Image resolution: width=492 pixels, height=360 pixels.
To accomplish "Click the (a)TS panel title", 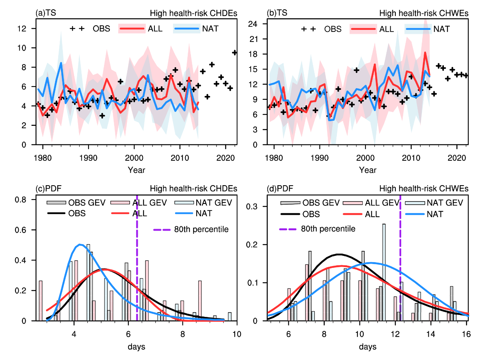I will [x=46, y=13].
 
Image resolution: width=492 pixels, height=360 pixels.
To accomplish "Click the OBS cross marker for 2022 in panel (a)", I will [x=234, y=52].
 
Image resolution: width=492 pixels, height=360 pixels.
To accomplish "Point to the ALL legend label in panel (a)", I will [x=155, y=28].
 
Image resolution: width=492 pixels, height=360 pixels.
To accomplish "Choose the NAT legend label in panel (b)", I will [x=442, y=29].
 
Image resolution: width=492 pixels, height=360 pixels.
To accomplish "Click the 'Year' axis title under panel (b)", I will [x=367, y=170].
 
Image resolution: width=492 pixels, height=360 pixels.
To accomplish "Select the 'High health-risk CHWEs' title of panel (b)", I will [x=424, y=13].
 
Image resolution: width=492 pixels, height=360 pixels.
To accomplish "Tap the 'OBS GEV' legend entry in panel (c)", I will [x=86, y=202].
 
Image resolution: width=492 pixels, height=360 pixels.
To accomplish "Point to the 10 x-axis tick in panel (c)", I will [x=237, y=333].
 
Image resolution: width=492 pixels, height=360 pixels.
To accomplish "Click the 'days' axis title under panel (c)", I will [x=136, y=346].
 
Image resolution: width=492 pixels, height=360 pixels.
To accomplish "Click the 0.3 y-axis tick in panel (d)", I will [x=254, y=206].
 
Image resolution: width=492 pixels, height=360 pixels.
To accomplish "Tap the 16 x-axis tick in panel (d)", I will [x=466, y=333].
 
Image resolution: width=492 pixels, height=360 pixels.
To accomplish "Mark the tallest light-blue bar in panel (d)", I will [x=384, y=272].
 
